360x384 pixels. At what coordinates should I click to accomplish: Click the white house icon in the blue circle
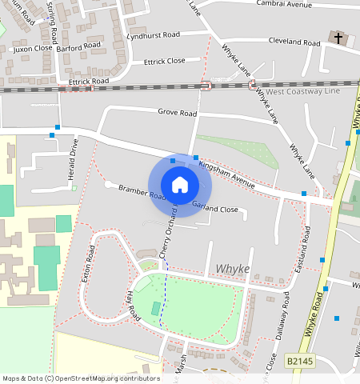pyautogui.click(x=180, y=185)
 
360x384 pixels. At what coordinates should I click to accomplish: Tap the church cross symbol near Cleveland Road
pyautogui.click(x=338, y=38)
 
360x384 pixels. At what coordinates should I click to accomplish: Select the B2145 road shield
pyautogui.click(x=301, y=362)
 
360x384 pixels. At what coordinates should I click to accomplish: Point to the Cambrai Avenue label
pyautogui.click(x=284, y=5)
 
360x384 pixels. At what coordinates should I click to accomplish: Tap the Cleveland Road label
pyautogui.click(x=294, y=41)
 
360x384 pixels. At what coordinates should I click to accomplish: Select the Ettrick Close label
pyautogui.click(x=164, y=60)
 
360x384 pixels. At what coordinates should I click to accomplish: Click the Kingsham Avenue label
pyautogui.click(x=227, y=174)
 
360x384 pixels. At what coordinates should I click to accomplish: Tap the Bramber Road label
pyautogui.click(x=141, y=192)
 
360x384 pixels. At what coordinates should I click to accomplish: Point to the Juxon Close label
pyautogui.click(x=31, y=48)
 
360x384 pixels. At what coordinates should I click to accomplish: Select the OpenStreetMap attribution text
pyautogui.click(x=80, y=378)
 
